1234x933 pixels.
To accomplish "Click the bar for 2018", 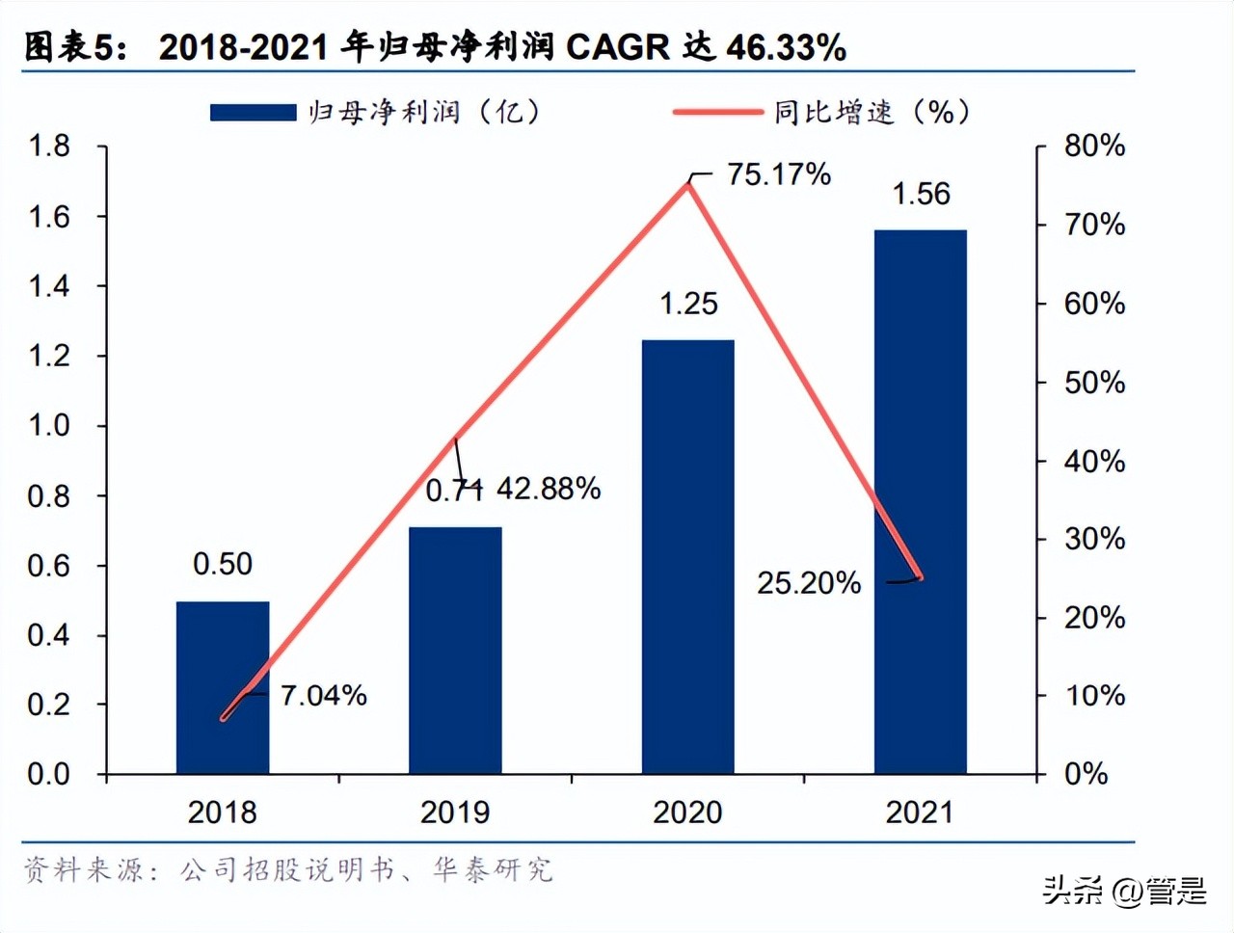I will click(223, 686).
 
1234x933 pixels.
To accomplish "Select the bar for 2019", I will click(455, 650).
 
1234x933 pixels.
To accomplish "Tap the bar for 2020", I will click(688, 556).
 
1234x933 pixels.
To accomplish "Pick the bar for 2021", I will click(920, 501).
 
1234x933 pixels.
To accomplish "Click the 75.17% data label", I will click(779, 174).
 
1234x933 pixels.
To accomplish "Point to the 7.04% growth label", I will click(324, 695).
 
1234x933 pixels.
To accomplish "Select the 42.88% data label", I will click(549, 489).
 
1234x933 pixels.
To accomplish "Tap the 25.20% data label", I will click(808, 582).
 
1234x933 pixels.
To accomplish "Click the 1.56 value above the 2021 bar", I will click(921, 194).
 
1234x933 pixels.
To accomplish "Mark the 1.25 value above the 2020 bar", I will click(688, 304).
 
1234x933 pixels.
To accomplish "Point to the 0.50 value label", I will click(223, 564).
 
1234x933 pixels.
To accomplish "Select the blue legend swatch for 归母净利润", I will click(253, 113).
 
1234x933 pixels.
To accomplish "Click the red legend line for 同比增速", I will click(717, 113).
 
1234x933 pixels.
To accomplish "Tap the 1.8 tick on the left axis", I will click(49, 147).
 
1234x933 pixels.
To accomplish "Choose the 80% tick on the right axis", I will click(1094, 147).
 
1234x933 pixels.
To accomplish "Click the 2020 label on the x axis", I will click(687, 813).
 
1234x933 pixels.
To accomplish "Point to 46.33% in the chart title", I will click(786, 47).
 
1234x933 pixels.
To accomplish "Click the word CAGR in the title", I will click(617, 47).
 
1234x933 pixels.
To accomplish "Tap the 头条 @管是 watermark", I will click(1124, 891).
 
